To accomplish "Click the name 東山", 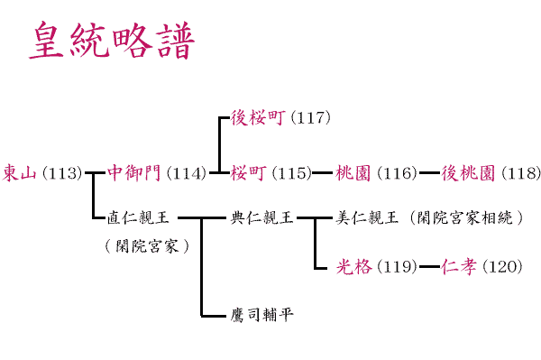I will [19, 173].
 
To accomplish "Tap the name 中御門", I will [133, 173].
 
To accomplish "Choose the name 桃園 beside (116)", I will [353, 173].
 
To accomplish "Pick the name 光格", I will [353, 267].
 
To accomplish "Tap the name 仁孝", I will [458, 267].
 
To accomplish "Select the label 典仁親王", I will [261, 217].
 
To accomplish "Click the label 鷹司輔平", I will [261, 315].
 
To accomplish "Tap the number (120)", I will [501, 267].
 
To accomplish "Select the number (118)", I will [519, 173].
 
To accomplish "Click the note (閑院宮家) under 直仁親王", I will [146, 245].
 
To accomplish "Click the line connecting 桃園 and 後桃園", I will [428, 172].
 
